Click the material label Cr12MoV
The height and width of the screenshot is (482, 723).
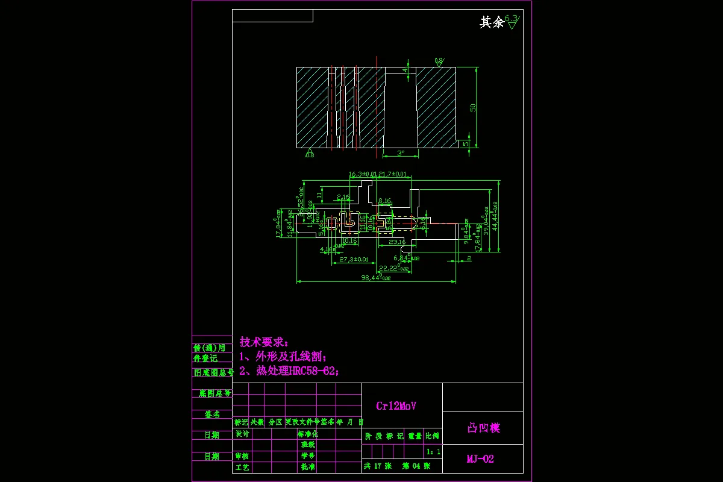click(396, 406)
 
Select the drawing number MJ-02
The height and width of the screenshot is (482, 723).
click(480, 459)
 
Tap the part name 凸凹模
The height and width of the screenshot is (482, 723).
click(484, 428)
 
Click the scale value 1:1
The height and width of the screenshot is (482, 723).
click(433, 451)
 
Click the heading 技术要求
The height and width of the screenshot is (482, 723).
click(264, 342)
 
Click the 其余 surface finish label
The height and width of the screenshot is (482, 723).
click(491, 23)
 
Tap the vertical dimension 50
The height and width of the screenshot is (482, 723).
click(474, 107)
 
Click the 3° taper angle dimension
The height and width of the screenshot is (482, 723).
click(401, 153)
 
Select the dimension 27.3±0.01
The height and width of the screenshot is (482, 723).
click(354, 259)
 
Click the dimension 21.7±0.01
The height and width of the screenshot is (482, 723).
click(393, 174)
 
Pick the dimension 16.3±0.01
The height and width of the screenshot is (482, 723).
click(363, 174)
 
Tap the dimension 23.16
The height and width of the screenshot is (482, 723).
click(396, 242)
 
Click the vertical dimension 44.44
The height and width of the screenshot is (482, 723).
click(495, 216)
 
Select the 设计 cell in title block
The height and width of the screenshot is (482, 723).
click(242, 434)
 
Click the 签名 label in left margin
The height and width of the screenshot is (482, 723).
click(211, 415)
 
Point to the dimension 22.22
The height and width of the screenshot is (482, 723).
click(392, 268)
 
